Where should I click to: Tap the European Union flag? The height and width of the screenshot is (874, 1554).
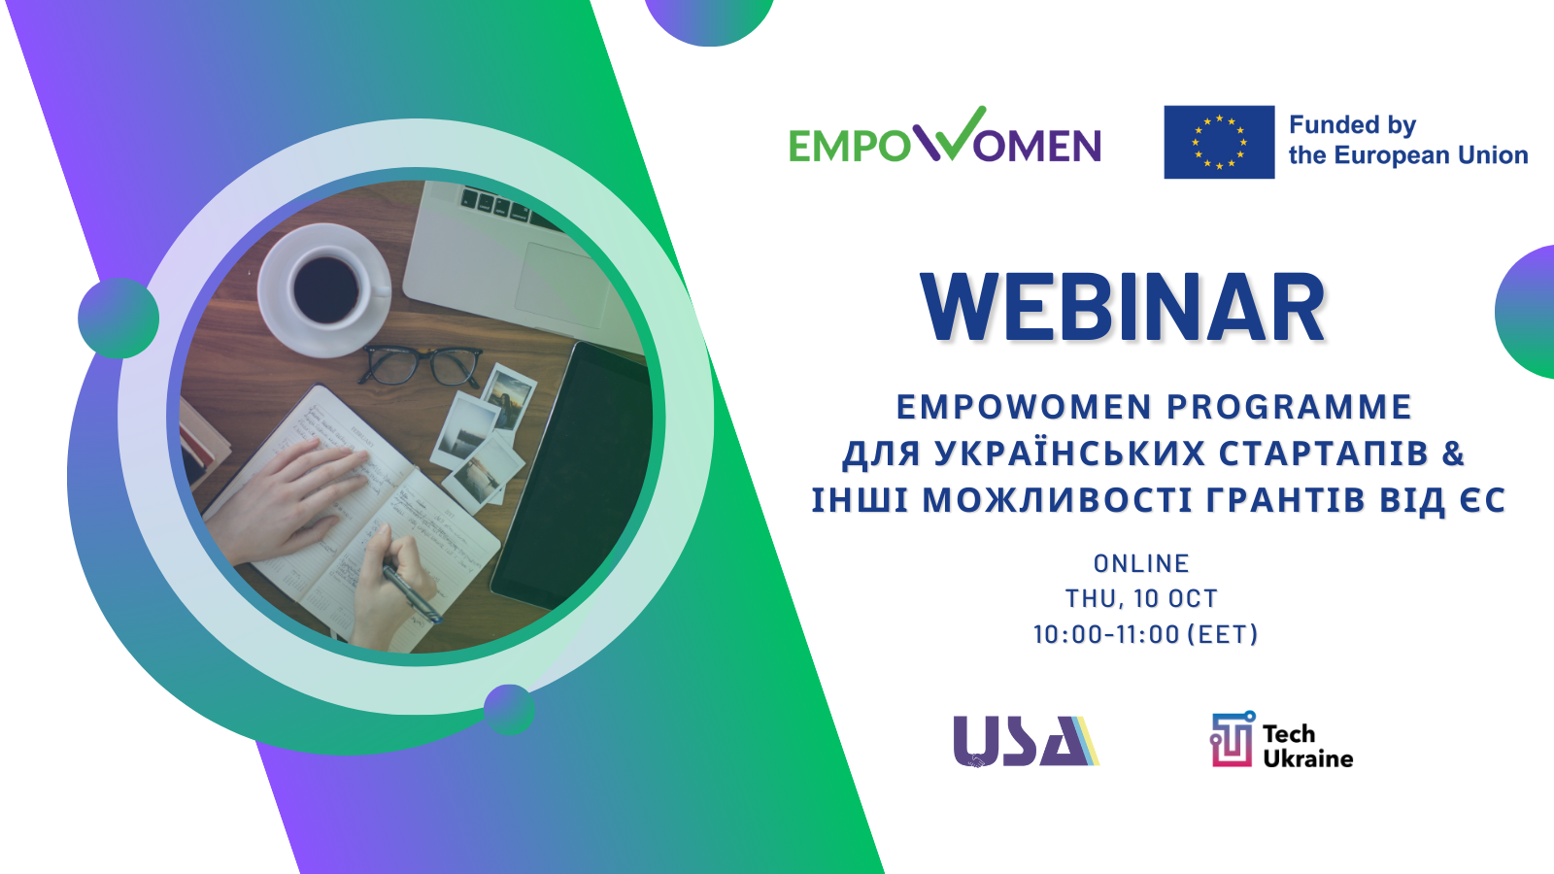click(1219, 142)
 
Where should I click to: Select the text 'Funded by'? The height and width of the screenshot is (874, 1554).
click(1352, 125)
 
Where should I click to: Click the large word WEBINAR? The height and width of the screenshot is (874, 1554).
click(1123, 308)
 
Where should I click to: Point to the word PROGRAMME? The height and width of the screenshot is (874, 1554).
click(1289, 407)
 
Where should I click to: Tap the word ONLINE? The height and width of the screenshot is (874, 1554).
click(1141, 563)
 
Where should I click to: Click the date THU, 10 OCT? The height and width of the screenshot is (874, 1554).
click(1141, 598)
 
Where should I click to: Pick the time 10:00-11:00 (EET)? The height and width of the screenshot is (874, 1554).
click(1145, 634)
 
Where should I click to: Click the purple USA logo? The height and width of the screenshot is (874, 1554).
click(1026, 742)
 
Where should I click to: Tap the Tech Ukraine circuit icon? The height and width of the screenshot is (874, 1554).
click(1233, 739)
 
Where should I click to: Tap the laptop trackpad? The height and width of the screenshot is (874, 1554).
click(563, 285)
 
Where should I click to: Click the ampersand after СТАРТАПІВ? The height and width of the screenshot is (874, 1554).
click(1453, 454)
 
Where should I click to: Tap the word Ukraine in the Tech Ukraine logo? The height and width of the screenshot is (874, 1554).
click(1308, 758)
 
